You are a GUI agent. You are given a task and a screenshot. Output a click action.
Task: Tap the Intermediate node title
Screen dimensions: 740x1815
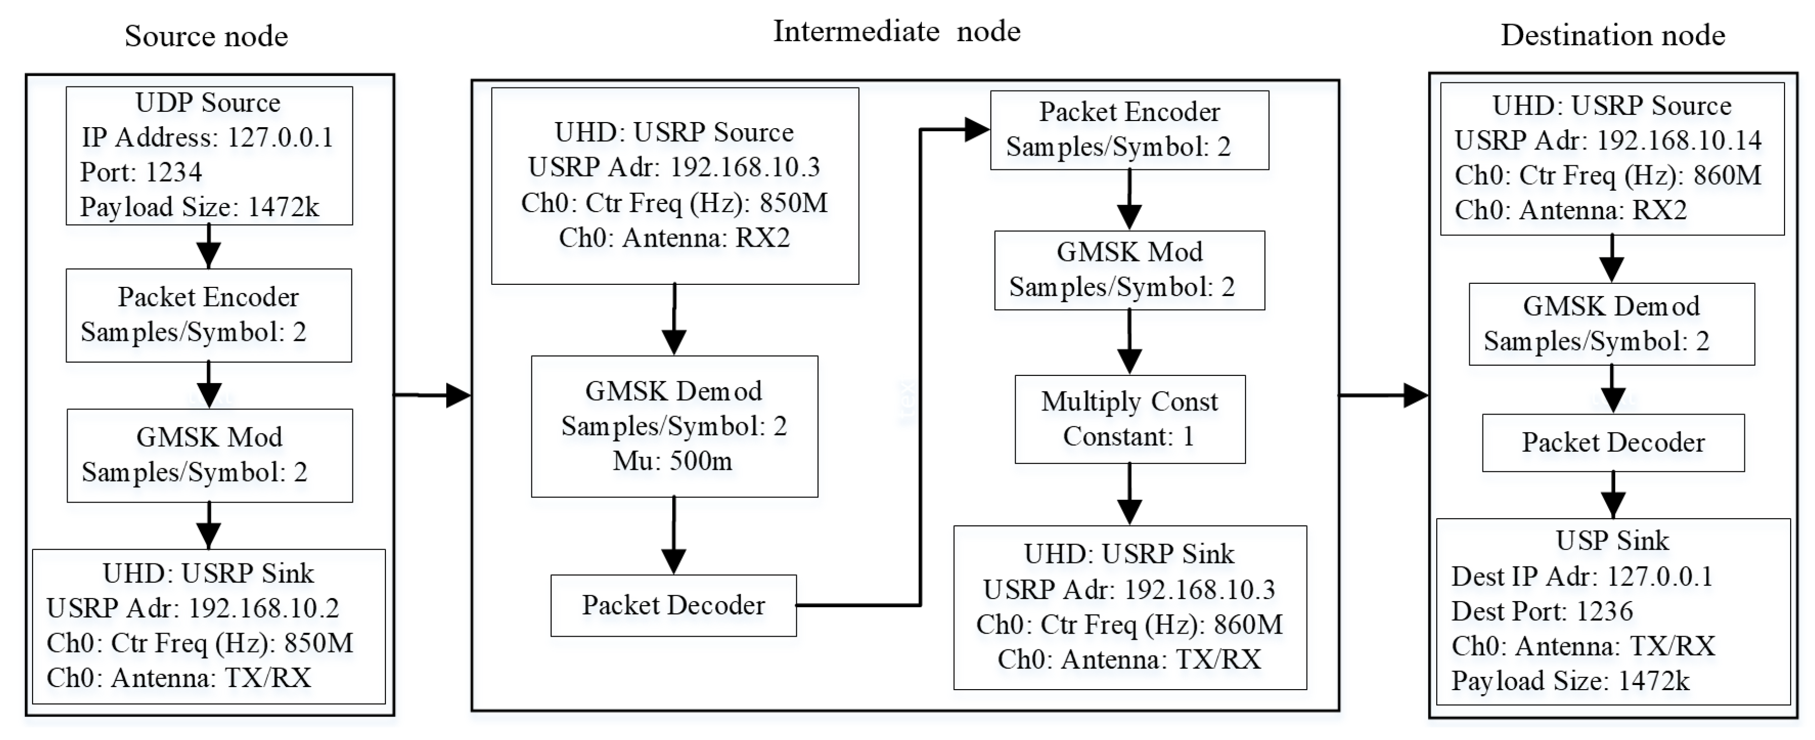(x=896, y=31)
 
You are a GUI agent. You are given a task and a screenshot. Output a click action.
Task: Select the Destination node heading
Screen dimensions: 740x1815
(x=1612, y=35)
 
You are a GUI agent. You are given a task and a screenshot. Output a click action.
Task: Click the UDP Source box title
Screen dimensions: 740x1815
(x=208, y=103)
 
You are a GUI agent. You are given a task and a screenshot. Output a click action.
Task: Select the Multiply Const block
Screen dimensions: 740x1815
(x=1130, y=419)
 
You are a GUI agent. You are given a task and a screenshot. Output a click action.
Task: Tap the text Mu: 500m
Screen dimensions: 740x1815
(x=673, y=461)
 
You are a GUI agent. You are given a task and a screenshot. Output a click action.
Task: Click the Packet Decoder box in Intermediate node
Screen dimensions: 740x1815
(x=673, y=605)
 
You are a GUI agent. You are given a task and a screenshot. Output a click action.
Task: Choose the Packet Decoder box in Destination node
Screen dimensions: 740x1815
(x=1613, y=442)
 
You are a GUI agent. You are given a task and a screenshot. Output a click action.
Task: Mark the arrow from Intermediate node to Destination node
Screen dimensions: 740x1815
(x=1383, y=395)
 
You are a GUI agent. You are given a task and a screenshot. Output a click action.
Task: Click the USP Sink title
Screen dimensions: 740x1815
(x=1612, y=541)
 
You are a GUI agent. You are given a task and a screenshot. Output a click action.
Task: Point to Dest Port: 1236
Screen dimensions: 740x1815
(x=1541, y=611)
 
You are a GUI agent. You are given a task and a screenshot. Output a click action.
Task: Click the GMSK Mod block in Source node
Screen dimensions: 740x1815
(x=209, y=455)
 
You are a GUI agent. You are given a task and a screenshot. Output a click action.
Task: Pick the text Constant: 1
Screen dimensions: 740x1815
(x=1128, y=436)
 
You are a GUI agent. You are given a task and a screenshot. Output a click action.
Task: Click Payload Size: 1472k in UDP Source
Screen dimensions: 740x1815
(x=199, y=207)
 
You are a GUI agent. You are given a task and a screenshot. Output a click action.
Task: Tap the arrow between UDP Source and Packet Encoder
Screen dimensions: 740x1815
(x=208, y=247)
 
